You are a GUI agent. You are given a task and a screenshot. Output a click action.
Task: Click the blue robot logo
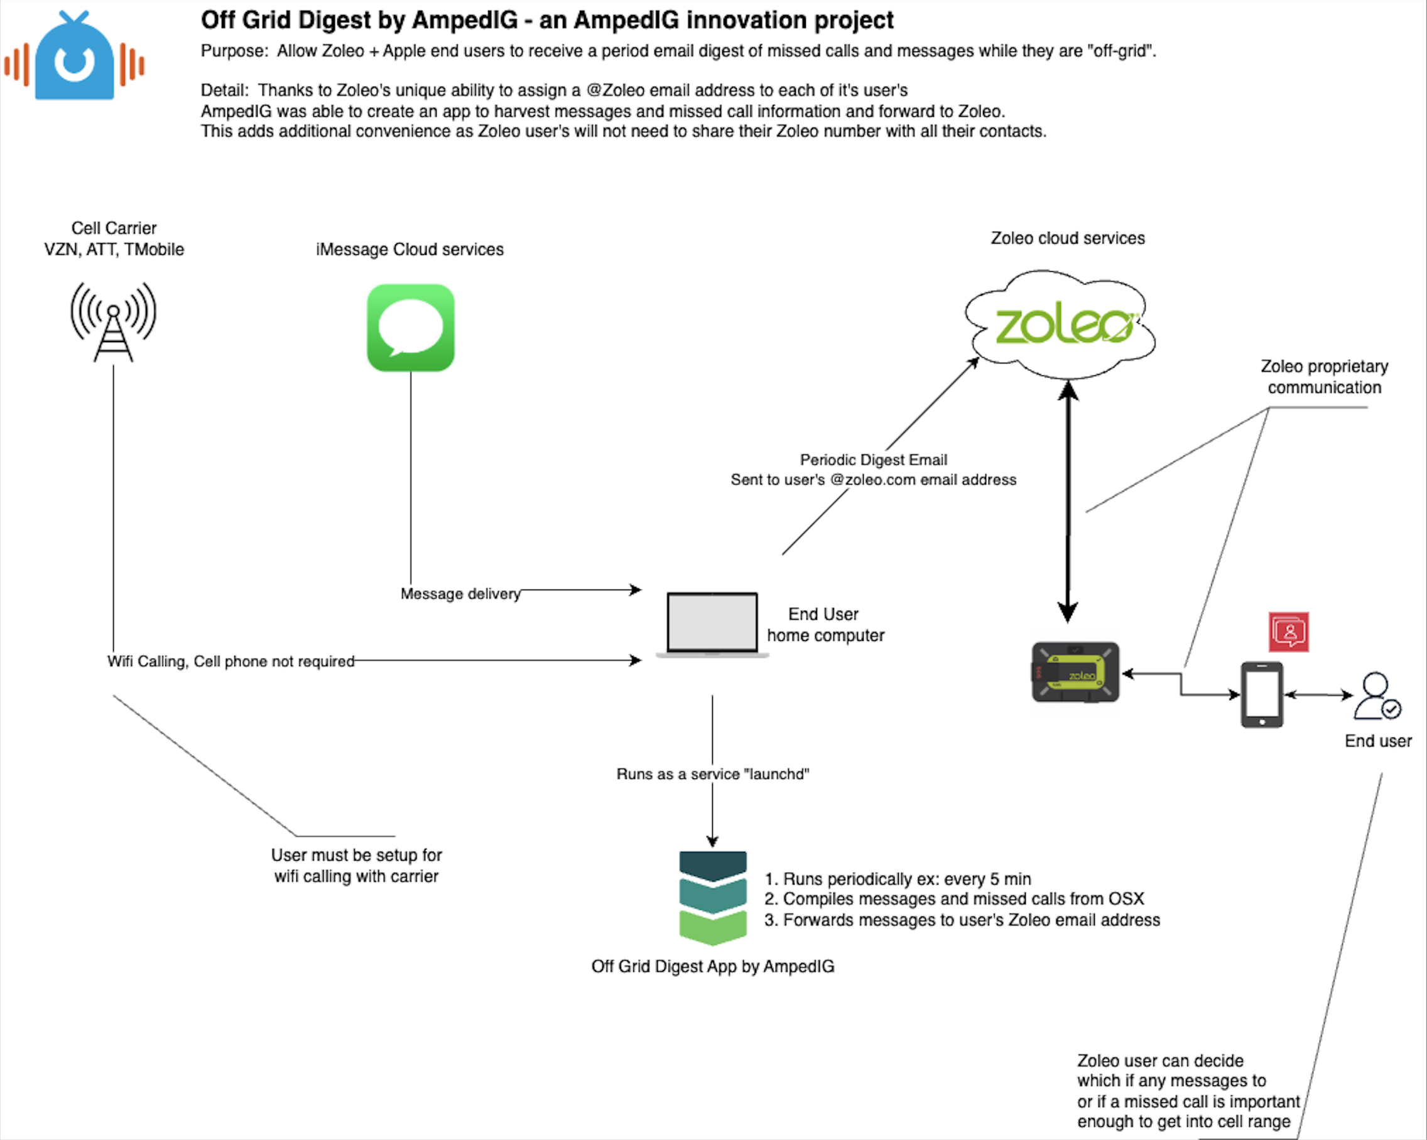[x=74, y=58]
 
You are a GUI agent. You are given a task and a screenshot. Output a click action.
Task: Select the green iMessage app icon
[x=410, y=328]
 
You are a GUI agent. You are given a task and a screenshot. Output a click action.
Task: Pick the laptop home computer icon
[x=712, y=624]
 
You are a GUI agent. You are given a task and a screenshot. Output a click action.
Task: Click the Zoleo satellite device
[x=1075, y=672]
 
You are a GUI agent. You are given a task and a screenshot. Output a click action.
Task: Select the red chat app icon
[x=1288, y=632]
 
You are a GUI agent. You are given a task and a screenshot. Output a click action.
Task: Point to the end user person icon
[x=1376, y=696]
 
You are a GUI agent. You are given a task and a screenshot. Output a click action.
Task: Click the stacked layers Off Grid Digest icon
[x=713, y=897]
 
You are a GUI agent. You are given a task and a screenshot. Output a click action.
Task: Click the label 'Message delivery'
[x=460, y=593]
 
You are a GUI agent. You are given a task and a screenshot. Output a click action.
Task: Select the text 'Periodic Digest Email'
[x=873, y=460]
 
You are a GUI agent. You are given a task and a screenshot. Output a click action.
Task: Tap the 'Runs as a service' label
[x=712, y=774]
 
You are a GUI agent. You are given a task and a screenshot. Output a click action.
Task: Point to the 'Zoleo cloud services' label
[x=1067, y=238]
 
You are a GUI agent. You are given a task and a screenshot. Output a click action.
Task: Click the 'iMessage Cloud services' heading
[x=410, y=249]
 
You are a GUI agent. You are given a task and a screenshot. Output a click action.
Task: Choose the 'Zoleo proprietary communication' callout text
[x=1324, y=377]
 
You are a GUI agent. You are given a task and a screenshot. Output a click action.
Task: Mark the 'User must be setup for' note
[x=356, y=856]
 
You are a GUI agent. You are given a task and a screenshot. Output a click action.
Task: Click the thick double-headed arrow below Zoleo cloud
[x=1068, y=503]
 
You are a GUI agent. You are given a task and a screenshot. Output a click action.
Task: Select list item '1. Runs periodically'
[x=898, y=879]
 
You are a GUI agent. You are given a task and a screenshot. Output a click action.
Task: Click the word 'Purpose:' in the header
[x=234, y=51]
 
